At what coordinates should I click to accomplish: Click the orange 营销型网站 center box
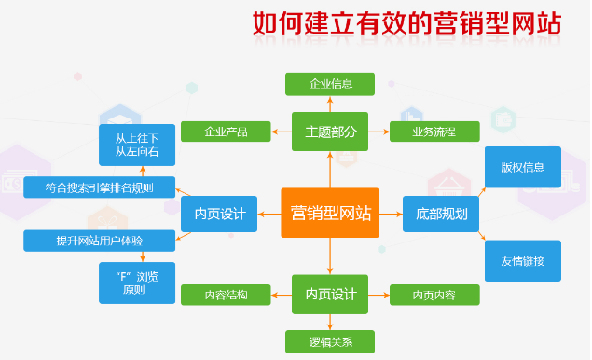point(329,214)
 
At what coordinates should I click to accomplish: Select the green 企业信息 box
point(330,84)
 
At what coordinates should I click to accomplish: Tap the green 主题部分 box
point(330,132)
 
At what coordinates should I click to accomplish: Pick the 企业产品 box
point(226,132)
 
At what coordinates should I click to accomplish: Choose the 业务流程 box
point(434,132)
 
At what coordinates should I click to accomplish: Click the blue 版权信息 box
point(522,167)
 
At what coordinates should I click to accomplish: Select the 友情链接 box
point(522,260)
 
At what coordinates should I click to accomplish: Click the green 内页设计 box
point(330,295)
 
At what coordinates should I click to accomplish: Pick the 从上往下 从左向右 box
point(137,145)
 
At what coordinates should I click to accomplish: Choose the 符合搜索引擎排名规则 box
point(100,187)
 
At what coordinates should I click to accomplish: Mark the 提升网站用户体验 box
point(100,241)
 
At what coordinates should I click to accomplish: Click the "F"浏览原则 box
point(137,283)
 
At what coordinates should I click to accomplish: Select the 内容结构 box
point(226,296)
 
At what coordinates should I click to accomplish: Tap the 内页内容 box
point(434,296)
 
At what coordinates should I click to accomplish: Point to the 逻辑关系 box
point(330,340)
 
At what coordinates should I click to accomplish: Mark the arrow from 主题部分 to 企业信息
point(330,104)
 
